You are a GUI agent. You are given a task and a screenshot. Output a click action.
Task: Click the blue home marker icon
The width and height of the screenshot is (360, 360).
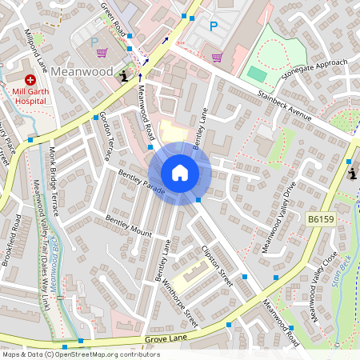coord(179,172)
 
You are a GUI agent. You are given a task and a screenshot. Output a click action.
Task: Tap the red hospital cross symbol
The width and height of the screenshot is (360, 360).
coord(30,80)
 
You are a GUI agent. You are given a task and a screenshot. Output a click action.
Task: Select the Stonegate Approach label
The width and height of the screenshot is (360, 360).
coord(315,70)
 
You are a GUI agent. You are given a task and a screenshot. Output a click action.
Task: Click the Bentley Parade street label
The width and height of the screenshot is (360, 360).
coord(141,186)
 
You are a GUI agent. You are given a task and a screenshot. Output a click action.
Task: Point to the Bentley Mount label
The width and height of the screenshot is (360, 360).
coord(129,226)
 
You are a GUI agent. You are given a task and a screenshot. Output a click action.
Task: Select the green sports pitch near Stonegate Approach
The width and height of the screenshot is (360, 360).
coord(257,73)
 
